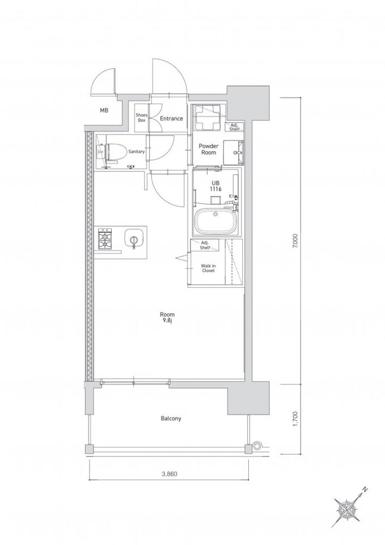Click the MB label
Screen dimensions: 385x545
[x=104, y=111]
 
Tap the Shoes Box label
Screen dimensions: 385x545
[x=142, y=118]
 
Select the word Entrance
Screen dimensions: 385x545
[x=171, y=118]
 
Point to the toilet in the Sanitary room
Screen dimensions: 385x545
[x=112, y=152]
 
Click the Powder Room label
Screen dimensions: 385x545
[x=208, y=149]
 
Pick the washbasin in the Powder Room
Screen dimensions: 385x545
[x=233, y=153]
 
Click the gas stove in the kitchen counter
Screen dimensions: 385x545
[x=104, y=239]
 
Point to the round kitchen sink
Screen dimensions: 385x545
[x=134, y=240]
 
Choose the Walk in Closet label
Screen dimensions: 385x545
[x=208, y=268]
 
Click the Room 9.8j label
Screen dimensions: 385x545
[x=167, y=317]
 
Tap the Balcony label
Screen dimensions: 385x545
[x=171, y=418]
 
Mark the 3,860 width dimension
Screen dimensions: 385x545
[x=170, y=473]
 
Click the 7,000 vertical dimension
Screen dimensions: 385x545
[x=295, y=241]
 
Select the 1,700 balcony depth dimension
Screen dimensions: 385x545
[x=295, y=419]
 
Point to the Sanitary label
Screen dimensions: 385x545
[x=137, y=152]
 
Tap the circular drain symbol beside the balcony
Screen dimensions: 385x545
[x=257, y=445]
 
